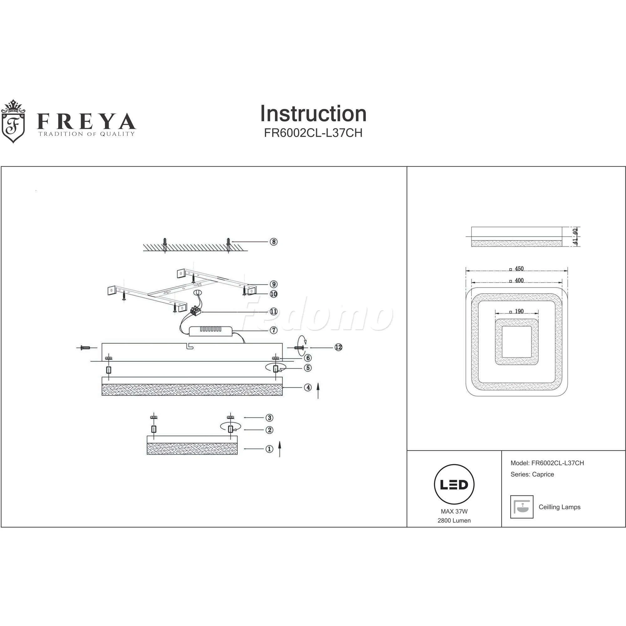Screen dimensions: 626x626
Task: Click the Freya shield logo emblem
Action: tap(13, 122)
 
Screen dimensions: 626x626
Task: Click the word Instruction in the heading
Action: tap(313, 114)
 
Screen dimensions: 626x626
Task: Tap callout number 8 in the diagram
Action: tap(274, 242)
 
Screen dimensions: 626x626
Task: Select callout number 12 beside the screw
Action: tap(338, 347)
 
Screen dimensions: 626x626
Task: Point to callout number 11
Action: tap(274, 312)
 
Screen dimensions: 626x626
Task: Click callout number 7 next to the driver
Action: tap(274, 330)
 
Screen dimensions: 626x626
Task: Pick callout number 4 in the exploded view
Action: tap(308, 387)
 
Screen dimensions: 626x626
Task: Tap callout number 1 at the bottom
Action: tap(269, 449)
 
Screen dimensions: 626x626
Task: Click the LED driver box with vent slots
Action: tap(211, 331)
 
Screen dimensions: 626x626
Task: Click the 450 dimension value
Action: tap(519, 269)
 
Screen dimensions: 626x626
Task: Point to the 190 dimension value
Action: tap(519, 311)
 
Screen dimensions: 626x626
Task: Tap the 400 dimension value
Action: tap(519, 280)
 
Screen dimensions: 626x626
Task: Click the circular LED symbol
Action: tap(454, 485)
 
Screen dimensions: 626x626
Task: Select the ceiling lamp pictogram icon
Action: tap(522, 507)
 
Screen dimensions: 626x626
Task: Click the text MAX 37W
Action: tap(454, 512)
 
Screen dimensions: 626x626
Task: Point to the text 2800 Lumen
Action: tap(454, 521)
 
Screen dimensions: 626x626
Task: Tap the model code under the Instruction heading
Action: tap(313, 133)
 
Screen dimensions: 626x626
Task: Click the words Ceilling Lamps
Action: tap(559, 507)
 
